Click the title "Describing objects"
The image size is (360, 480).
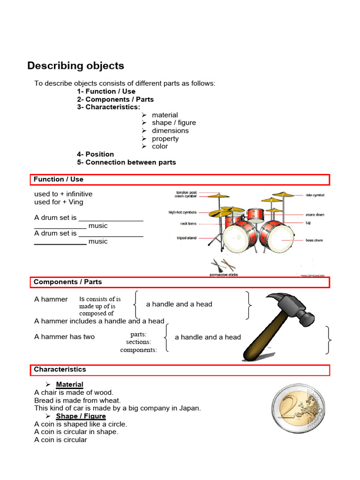[75, 66]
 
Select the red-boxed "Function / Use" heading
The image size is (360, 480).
[59, 179]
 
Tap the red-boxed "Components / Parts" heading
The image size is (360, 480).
[67, 282]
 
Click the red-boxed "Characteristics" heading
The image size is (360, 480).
[60, 369]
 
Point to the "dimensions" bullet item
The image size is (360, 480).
[170, 131]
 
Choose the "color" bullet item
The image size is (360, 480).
[160, 146]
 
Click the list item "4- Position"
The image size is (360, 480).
[96, 154]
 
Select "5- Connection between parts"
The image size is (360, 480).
[127, 162]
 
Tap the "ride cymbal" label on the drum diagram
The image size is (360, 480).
[315, 195]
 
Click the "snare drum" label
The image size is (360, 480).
[315, 215]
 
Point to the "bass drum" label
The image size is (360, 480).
[315, 240]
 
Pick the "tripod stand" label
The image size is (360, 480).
[187, 238]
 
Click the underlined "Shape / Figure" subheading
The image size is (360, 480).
[81, 416]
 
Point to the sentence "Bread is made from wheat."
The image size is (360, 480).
[77, 400]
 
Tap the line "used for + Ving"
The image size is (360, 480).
[59, 202]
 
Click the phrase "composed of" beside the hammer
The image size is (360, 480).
[97, 313]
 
